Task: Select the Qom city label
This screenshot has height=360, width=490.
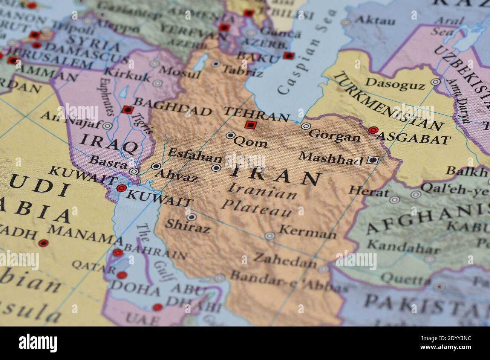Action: (x=250, y=142)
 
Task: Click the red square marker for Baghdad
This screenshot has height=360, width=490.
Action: (x=127, y=110)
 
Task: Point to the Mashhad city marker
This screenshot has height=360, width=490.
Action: (x=372, y=160)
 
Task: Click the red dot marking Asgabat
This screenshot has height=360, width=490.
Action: (x=373, y=130)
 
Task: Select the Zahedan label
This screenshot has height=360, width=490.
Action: (x=285, y=259)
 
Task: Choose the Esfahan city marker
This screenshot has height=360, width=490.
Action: (x=216, y=168)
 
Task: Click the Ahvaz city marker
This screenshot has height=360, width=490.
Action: (x=156, y=166)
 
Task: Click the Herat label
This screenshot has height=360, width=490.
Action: (x=368, y=192)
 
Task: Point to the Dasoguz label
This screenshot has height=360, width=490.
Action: (x=395, y=84)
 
